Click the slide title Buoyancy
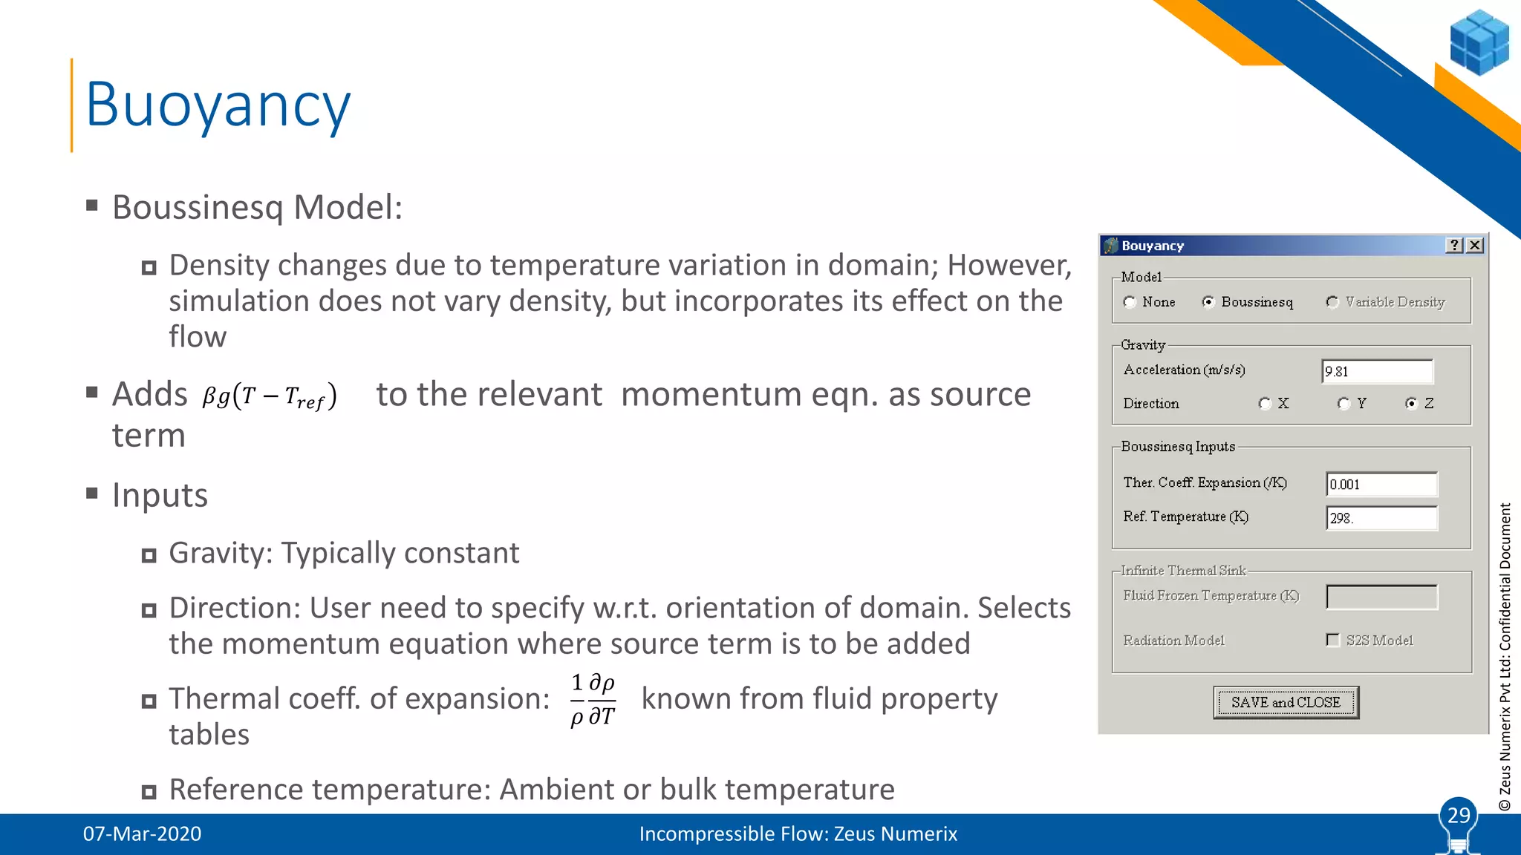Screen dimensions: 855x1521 coord(218,105)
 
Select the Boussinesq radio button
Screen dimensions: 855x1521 coord(1208,301)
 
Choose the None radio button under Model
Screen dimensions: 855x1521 coord(1130,302)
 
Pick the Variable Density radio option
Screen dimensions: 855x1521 coord(1332,301)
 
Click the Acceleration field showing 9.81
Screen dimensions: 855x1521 coord(1377,371)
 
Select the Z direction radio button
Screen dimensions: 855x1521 coord(1412,404)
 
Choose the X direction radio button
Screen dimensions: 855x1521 coord(1266,404)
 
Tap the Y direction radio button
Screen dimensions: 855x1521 coord(1344,404)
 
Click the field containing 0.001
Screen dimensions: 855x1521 coord(1381,485)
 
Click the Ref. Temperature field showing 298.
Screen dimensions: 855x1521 coord(1381,518)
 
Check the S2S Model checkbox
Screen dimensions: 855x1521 coord(1333,640)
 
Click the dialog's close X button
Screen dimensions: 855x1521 coord(1476,245)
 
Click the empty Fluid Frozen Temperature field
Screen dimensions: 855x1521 coord(1381,597)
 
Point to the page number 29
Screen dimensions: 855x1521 coord(1459,815)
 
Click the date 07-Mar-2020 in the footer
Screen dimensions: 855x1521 coord(142,833)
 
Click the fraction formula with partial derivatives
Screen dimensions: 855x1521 coord(593,699)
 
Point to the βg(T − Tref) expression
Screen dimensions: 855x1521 coord(270,396)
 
